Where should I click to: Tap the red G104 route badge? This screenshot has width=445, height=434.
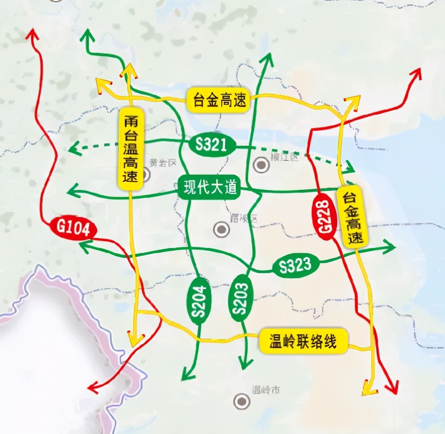(73, 228)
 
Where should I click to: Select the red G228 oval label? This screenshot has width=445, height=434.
(325, 217)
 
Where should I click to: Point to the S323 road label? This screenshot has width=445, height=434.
(295, 265)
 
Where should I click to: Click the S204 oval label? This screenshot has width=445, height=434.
(199, 301)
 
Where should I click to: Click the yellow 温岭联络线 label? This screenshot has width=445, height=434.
(304, 341)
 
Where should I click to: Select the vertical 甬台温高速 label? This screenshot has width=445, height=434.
(130, 149)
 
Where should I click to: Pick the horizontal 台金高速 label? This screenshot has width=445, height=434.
(219, 100)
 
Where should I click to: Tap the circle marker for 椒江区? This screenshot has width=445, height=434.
(261, 165)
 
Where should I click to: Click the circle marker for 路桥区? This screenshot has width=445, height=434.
(221, 229)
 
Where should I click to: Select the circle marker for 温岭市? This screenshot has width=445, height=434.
(241, 401)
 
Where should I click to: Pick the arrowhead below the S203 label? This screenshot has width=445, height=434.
(245, 364)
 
